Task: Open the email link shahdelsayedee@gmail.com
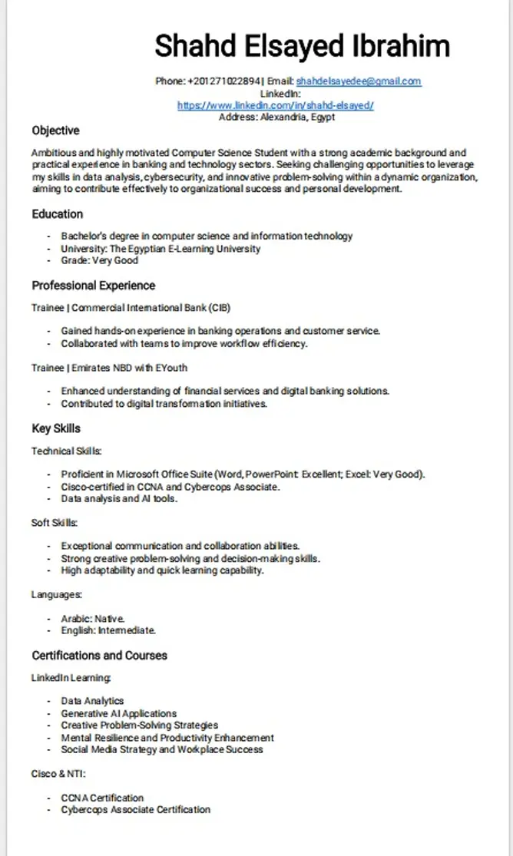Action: (x=359, y=81)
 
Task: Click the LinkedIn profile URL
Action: (x=276, y=105)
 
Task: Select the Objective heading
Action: (x=55, y=131)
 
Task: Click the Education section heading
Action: (x=58, y=213)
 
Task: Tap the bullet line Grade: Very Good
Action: (x=100, y=260)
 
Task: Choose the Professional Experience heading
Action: (x=94, y=286)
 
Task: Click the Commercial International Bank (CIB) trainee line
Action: (x=131, y=308)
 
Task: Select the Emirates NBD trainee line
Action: (x=110, y=368)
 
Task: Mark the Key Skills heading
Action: (x=56, y=428)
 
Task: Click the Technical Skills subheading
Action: (x=66, y=451)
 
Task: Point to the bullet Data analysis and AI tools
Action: (x=120, y=499)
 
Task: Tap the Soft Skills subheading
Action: (x=54, y=523)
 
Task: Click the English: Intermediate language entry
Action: (x=109, y=630)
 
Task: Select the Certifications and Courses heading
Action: (x=99, y=656)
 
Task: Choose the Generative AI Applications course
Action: (x=119, y=713)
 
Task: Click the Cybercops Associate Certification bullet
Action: (x=136, y=809)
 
